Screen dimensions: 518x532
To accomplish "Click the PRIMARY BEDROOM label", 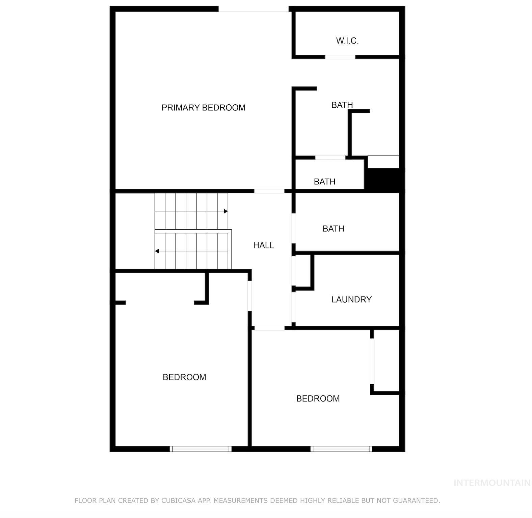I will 203,108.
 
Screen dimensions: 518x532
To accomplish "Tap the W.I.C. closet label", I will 347,41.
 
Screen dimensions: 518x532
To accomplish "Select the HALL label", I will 264,245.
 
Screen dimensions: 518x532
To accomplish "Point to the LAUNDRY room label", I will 351,300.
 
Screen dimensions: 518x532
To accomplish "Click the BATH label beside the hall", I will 334,229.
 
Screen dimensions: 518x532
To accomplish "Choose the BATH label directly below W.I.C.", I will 342,105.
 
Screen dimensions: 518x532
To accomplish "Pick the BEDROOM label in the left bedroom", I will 184,377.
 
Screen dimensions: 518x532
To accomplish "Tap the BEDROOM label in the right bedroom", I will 318,398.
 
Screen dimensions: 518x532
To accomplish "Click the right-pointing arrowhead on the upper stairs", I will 226,211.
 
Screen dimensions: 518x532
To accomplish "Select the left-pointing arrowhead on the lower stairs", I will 157,251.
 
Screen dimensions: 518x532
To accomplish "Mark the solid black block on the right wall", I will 383,180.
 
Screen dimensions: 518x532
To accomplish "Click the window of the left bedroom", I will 201,449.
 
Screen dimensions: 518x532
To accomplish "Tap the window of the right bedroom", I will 341,449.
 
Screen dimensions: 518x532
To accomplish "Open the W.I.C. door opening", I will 340,57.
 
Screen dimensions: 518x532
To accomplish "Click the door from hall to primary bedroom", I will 269,191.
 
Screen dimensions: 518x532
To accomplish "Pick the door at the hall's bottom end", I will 269,328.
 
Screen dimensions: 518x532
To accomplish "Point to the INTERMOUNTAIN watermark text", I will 492,483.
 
